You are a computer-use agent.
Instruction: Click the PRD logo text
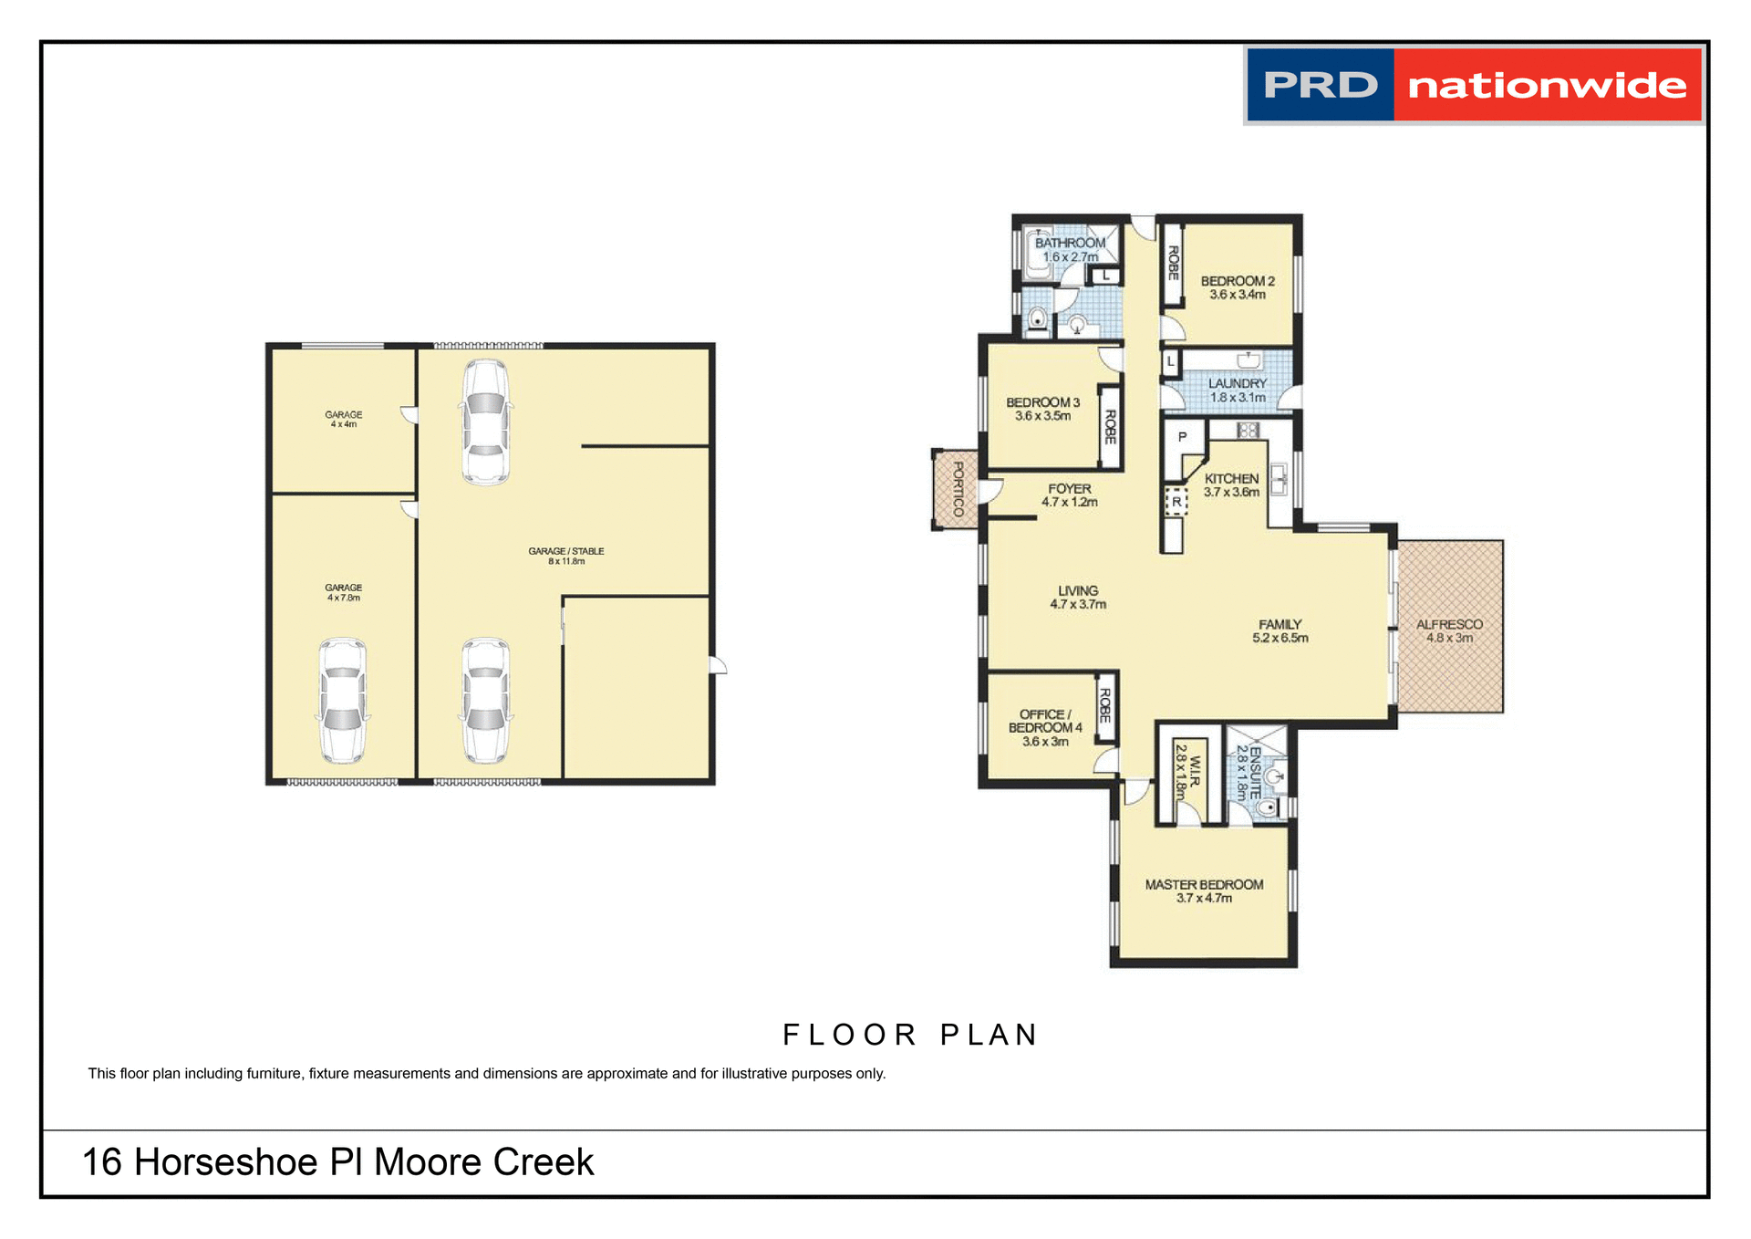click(1320, 86)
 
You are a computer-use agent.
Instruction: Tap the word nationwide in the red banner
click(1547, 86)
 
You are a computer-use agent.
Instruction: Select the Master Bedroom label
click(1204, 884)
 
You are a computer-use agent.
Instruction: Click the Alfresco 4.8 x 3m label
click(1449, 630)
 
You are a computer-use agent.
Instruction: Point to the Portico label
click(958, 489)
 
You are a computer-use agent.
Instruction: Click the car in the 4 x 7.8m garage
click(343, 701)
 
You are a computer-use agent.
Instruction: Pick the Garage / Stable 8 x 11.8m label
click(565, 556)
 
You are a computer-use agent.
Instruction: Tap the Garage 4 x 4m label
click(343, 419)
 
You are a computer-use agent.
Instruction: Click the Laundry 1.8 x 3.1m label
click(1237, 390)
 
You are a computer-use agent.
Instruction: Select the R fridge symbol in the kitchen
click(1176, 502)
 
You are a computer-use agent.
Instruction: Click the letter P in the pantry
click(1182, 437)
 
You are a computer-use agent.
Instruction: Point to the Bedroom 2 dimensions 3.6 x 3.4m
click(1237, 295)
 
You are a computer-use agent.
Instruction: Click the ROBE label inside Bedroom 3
click(1110, 427)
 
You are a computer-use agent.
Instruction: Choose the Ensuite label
click(1255, 772)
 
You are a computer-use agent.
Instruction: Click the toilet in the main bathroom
click(1037, 318)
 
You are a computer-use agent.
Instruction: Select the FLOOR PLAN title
click(910, 1035)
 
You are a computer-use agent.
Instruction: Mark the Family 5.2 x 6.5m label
click(1280, 630)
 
